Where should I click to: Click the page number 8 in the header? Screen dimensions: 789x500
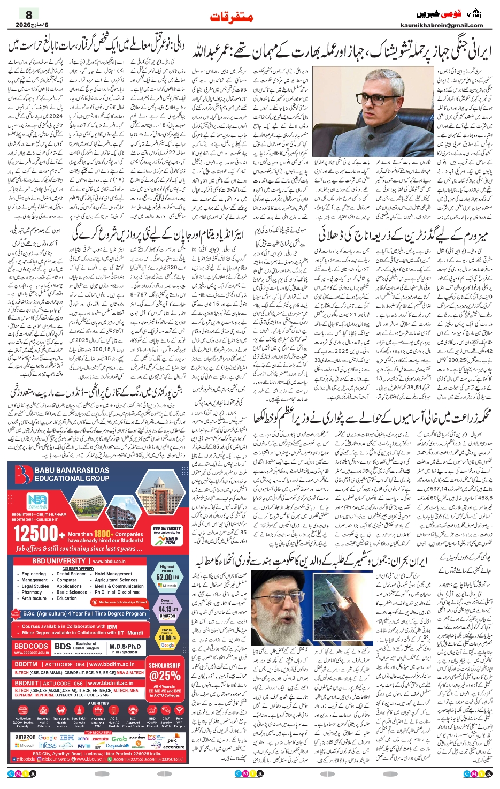29,15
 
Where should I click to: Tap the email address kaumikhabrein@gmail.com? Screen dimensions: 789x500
441,25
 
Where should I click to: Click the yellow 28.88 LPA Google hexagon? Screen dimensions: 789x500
167,638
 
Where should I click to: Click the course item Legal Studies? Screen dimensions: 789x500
35,586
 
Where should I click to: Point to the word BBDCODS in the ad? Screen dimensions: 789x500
32,646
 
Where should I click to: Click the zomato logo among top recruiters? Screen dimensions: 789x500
100,739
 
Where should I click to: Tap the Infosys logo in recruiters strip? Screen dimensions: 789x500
48,745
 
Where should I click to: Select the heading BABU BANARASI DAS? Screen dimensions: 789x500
72,470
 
